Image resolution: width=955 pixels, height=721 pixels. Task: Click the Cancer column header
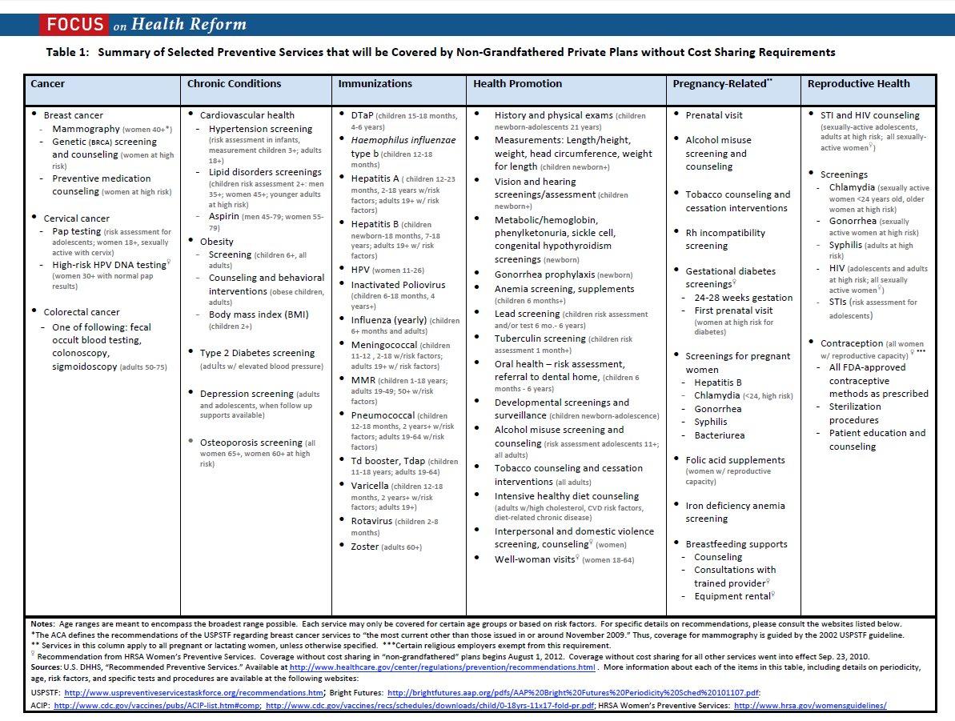pos(48,83)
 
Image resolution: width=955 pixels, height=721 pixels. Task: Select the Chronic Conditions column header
pos(234,83)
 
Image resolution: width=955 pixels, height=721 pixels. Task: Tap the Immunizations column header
pos(375,83)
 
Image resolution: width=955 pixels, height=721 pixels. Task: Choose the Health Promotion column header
pos(517,83)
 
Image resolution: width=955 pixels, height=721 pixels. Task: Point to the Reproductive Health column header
pos(858,83)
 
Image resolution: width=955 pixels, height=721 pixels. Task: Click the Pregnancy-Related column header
pos(721,83)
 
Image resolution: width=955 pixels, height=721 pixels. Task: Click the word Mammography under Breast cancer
pos(86,129)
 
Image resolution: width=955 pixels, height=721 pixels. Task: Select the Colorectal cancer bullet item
pos(82,312)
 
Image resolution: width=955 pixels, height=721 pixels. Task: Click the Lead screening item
pos(527,314)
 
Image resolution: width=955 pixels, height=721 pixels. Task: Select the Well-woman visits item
pos(534,559)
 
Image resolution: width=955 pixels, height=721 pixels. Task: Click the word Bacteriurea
pos(719,435)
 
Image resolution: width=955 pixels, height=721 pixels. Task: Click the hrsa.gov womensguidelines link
pos(810,706)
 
